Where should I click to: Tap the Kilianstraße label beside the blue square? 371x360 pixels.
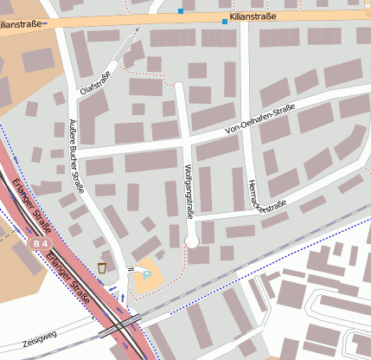pos(254,16)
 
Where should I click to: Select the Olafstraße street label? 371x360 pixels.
pos(97,78)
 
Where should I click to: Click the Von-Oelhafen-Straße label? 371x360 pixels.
pos(259,119)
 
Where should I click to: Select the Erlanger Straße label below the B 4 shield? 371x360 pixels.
pos(72,277)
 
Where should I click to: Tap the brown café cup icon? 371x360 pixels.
pos(102,267)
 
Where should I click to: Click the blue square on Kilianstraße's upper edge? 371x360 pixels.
pos(181,11)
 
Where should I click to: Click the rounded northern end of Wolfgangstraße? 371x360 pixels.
pos(180,87)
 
